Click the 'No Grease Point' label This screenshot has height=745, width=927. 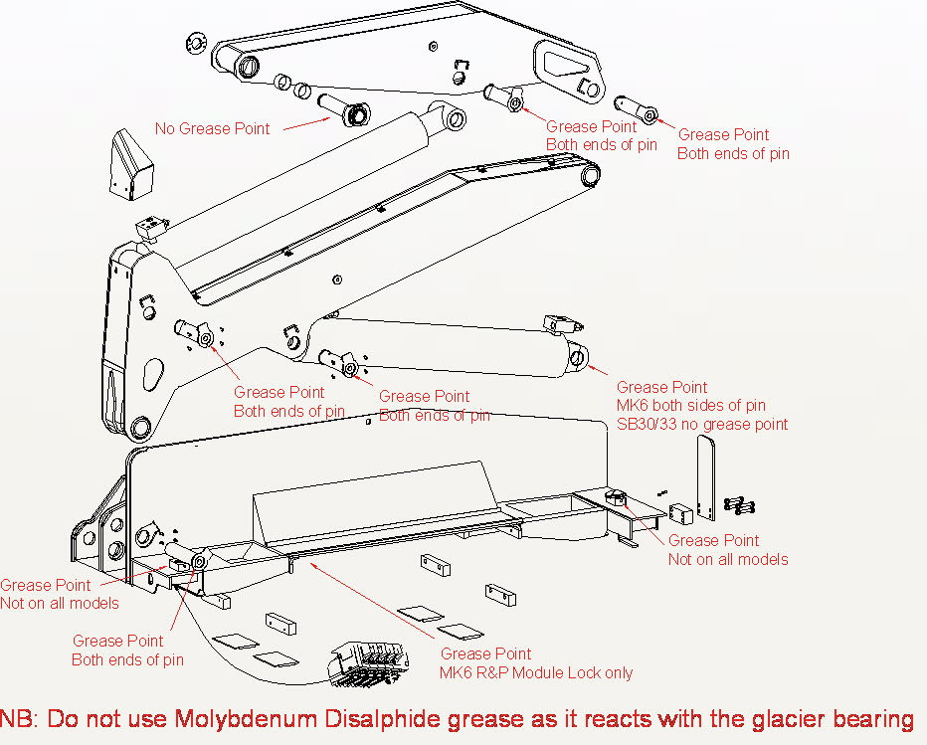tap(212, 128)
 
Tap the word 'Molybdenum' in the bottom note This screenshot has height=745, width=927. tap(244, 718)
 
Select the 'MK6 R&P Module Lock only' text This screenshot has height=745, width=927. tap(536, 672)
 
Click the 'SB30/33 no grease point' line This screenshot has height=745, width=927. tap(702, 424)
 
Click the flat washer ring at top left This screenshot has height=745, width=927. tap(195, 44)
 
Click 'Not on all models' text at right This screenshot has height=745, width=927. tap(728, 559)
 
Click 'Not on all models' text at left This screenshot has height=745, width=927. tap(60, 603)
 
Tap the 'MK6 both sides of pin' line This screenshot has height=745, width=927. tap(691, 405)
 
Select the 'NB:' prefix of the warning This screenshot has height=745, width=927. tap(21, 718)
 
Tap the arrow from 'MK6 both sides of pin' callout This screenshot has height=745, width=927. tap(599, 370)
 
